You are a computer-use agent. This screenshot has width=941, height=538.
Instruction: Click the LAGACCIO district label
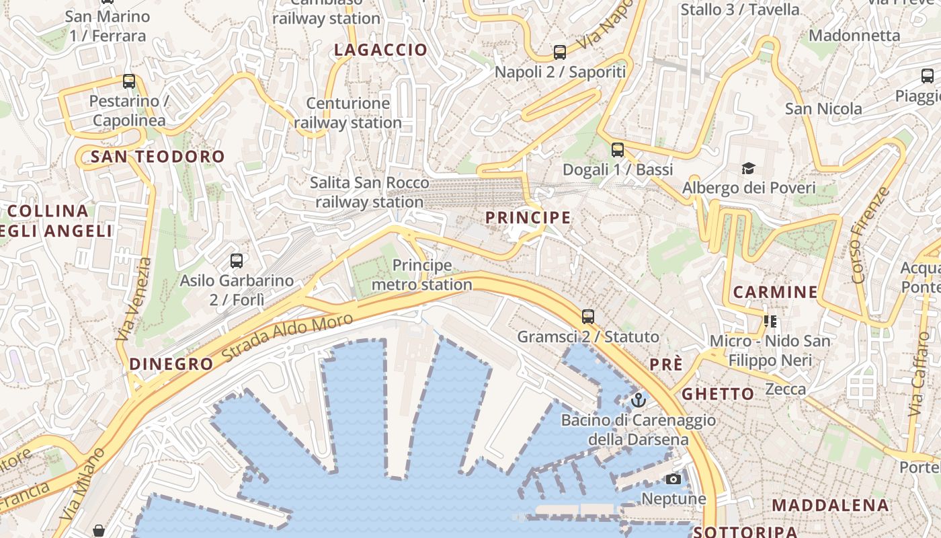coord(380,50)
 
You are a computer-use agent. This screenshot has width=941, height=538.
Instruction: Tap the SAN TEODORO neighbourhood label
coord(158,157)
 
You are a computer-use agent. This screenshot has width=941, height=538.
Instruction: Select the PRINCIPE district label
coord(528,218)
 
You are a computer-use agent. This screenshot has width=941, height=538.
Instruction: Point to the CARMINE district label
coord(775,292)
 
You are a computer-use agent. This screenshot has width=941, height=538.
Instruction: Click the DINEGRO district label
coord(171,364)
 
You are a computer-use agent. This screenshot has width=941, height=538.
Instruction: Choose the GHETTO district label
coord(718,393)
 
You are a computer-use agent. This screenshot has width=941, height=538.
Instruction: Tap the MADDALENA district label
coord(830,505)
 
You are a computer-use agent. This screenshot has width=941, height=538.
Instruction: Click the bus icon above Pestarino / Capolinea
coord(129,81)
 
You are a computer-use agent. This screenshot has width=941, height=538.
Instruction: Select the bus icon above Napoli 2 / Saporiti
coord(560,52)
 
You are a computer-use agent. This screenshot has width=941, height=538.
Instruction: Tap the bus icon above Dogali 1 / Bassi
coord(618,150)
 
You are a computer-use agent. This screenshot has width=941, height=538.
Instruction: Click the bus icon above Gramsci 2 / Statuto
coord(588,316)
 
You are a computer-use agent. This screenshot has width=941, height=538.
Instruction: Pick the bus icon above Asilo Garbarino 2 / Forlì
coord(237,261)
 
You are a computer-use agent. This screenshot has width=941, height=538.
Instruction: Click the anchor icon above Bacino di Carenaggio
coord(638,400)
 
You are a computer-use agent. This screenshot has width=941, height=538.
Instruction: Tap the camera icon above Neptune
coord(673,479)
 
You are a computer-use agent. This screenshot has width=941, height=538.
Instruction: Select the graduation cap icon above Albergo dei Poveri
coord(748,167)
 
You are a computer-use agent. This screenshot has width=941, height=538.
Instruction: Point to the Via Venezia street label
coord(134,299)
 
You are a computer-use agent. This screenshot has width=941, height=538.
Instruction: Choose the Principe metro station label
coord(422,275)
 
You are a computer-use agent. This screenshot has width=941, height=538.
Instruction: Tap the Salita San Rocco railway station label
coord(369,192)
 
